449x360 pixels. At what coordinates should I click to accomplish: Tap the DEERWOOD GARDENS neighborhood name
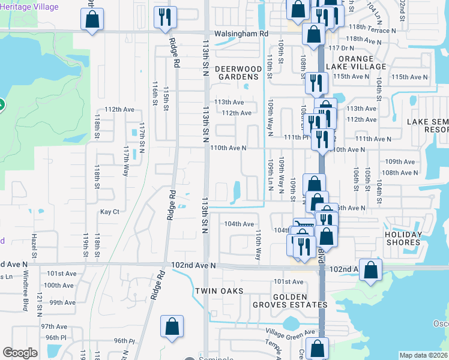pos(239,73)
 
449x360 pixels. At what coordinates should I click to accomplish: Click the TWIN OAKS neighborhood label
pos(218,291)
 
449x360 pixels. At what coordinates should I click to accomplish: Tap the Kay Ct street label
pos(110,212)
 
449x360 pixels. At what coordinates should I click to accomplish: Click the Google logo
pos(20,352)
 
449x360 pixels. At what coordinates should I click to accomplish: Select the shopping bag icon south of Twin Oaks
pos(172,326)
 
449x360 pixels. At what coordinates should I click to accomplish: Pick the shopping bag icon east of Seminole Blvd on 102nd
pos(370,271)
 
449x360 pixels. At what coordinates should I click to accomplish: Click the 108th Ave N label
pos(400,173)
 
